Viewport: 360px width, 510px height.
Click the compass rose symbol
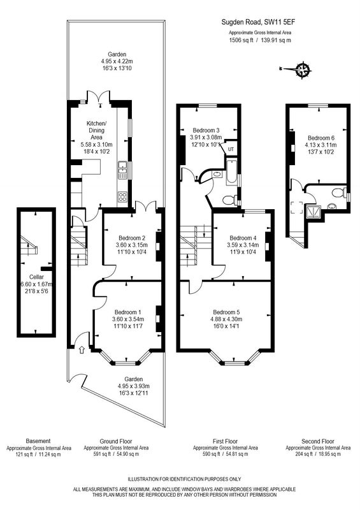coord(304,69)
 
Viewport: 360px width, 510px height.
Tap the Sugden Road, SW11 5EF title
coord(258,22)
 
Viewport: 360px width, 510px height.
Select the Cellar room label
coord(36,277)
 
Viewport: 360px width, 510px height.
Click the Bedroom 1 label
coord(128,312)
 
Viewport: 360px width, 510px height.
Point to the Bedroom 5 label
coord(226,312)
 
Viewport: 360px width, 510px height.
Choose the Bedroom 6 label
coord(321,138)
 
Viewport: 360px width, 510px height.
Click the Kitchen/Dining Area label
coord(97,131)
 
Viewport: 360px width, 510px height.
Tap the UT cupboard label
coord(231,150)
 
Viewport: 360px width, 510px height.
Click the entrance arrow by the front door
coord(82,349)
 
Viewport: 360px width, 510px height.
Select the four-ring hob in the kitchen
coord(122,197)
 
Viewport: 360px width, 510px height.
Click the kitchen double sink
coord(122,170)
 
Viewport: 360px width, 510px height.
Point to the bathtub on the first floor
coord(231,172)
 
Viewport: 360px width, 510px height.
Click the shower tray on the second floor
coord(312,212)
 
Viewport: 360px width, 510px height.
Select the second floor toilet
coord(339,193)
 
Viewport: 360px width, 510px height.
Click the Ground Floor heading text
coord(116,441)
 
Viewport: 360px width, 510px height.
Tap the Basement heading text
coord(38,441)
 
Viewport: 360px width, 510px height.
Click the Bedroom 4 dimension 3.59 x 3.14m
coord(243,245)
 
